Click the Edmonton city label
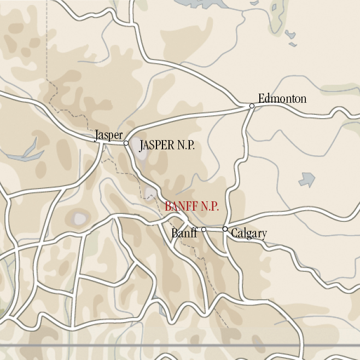pyautogui.click(x=282, y=99)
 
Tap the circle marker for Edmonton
pyautogui.click(x=252, y=106)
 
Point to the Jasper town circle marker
pyautogui.click(x=126, y=143)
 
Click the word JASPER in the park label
pyautogui.click(x=157, y=146)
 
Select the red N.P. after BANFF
pyautogui.click(x=210, y=207)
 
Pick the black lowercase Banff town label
pyautogui.click(x=184, y=234)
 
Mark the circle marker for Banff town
pyautogui.click(x=204, y=230)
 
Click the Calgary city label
pyautogui.click(x=249, y=234)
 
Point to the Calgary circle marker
pyautogui.click(x=225, y=229)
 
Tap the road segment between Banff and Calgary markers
pyautogui.click(x=214, y=229)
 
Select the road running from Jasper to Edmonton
pyautogui.click(x=186, y=116)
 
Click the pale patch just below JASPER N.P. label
pyautogui.click(x=143, y=154)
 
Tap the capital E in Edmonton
pyautogui.click(x=262, y=99)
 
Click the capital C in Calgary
pyautogui.click(x=234, y=234)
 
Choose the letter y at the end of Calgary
pyautogui.click(x=264, y=235)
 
